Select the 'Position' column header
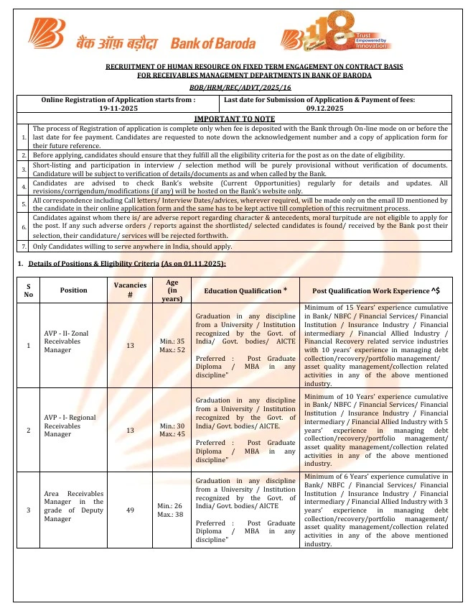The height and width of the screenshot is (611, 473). (74, 290)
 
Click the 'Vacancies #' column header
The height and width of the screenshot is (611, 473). (131, 290)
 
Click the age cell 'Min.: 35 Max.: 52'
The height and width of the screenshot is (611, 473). (167, 346)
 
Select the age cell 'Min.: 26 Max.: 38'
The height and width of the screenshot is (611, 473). (167, 510)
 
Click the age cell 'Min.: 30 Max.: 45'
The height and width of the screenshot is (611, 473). (167, 430)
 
